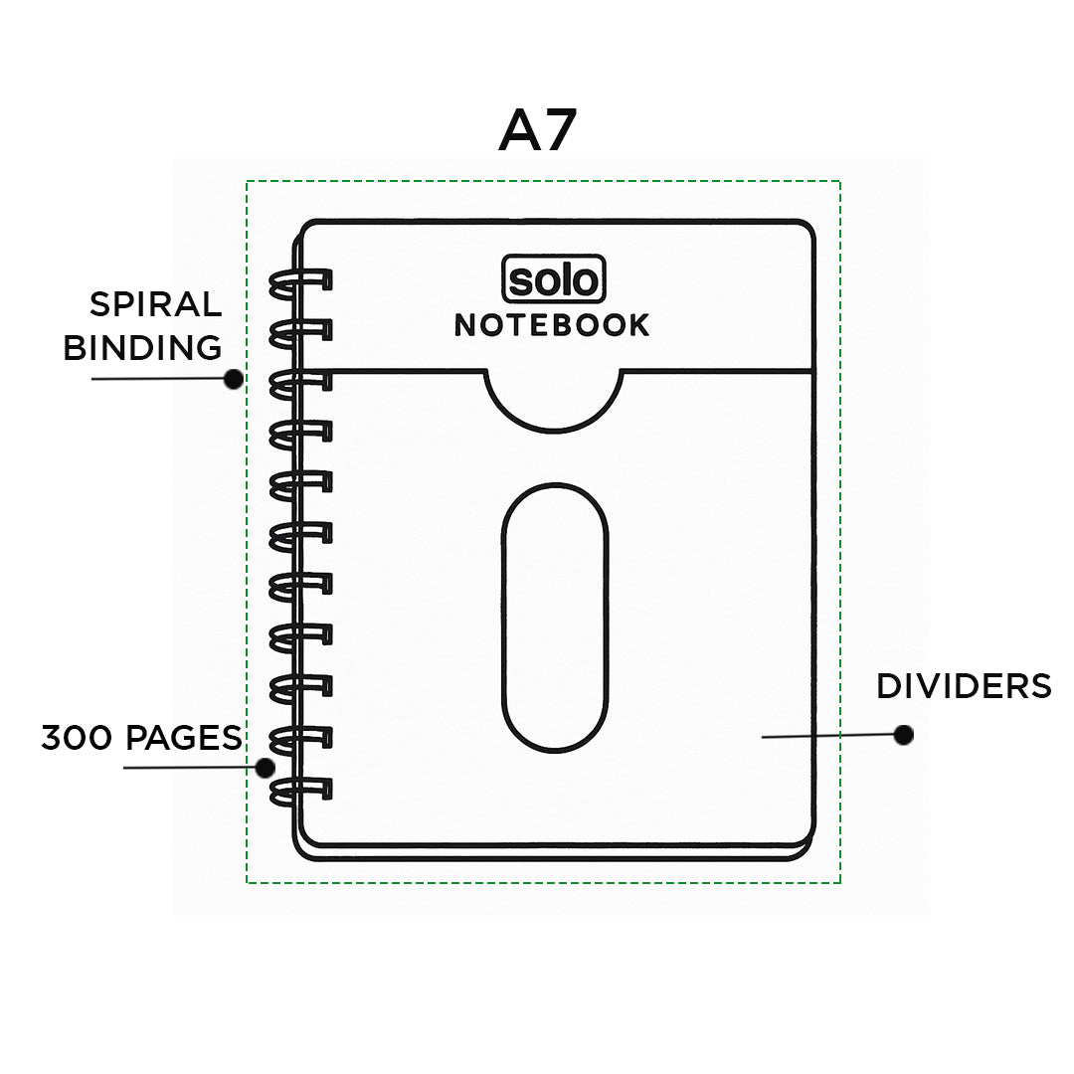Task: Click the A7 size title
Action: tap(538, 130)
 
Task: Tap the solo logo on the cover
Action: tap(554, 278)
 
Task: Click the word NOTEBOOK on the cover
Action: tap(552, 325)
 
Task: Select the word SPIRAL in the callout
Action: tap(155, 304)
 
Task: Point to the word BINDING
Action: tap(142, 348)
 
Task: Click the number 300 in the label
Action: tap(76, 738)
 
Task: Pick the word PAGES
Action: tap(184, 738)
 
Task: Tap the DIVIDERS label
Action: tap(964, 686)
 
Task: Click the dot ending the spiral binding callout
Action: tap(234, 379)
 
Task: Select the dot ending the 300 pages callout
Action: tap(266, 768)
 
